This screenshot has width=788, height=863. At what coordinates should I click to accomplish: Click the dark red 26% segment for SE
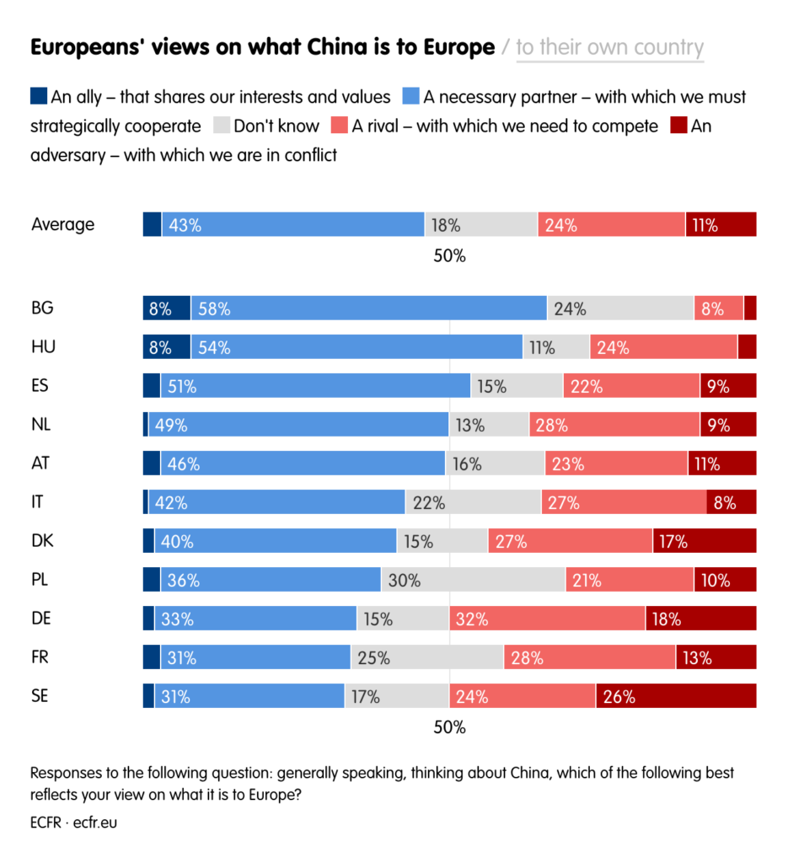click(x=676, y=695)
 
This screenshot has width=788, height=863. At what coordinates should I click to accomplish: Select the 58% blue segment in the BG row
click(x=368, y=308)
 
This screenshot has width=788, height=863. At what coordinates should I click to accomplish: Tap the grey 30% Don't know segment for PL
click(x=473, y=579)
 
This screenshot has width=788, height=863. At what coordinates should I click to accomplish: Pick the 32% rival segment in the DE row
click(x=547, y=618)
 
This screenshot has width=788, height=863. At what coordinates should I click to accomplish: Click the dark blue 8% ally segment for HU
click(x=166, y=346)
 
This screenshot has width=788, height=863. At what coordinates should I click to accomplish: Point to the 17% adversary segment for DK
click(x=704, y=540)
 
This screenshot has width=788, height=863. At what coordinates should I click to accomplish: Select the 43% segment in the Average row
click(x=292, y=224)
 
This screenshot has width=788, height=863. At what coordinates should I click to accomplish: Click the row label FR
click(x=40, y=657)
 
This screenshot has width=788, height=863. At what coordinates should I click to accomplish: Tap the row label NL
click(x=41, y=424)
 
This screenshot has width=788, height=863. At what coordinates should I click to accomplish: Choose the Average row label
click(x=62, y=224)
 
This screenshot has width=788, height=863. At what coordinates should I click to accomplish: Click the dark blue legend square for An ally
click(x=39, y=96)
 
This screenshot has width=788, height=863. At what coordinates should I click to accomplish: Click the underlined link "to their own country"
click(x=609, y=47)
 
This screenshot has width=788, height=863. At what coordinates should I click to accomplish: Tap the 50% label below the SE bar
click(x=449, y=726)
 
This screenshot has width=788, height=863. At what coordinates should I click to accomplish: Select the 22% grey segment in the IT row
click(x=473, y=501)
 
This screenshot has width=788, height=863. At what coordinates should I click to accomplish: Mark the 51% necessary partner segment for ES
click(x=315, y=385)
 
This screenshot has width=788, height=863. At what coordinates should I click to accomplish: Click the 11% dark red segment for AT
click(x=721, y=463)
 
